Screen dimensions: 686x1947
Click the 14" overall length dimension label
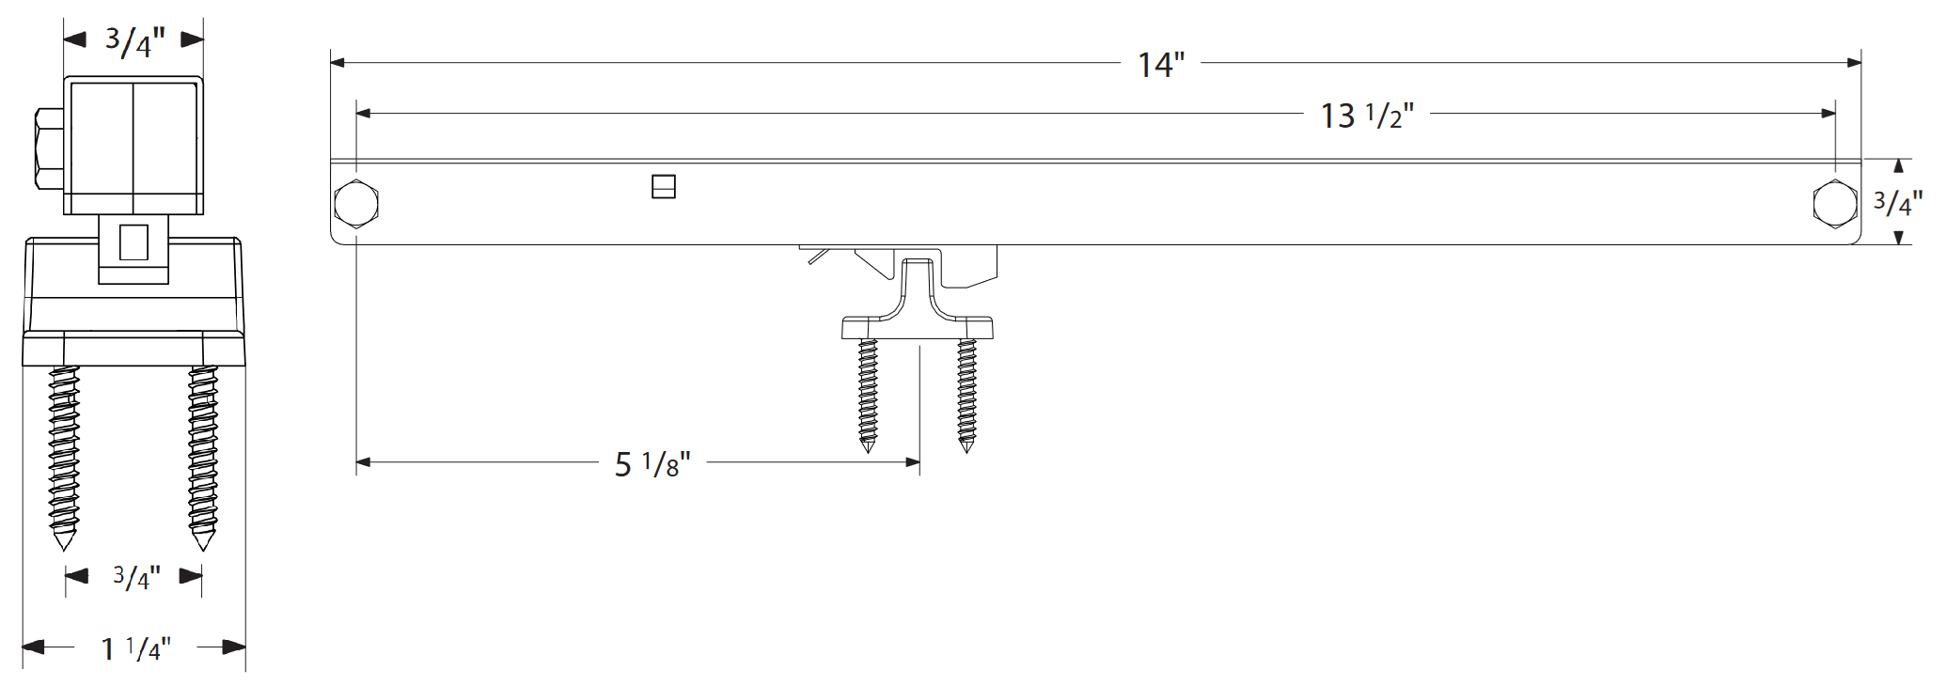1160,65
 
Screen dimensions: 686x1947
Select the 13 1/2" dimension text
1366,116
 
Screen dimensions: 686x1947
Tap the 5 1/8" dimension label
652,464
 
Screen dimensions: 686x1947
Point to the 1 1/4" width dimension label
135,648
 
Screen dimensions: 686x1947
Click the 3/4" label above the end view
134,41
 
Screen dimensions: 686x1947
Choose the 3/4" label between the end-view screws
136,577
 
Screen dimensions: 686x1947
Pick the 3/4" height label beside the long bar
1897,203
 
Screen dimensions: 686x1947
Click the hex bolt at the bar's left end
356,203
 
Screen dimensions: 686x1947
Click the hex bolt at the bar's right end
1834,203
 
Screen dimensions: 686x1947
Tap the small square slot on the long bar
664,187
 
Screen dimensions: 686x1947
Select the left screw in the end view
64,456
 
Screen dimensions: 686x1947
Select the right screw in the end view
203,456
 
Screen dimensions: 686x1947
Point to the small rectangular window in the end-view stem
133,242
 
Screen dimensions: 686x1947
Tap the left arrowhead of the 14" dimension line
338,63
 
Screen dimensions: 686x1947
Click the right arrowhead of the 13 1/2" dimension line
1829,114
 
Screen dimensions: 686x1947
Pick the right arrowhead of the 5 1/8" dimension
913,462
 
